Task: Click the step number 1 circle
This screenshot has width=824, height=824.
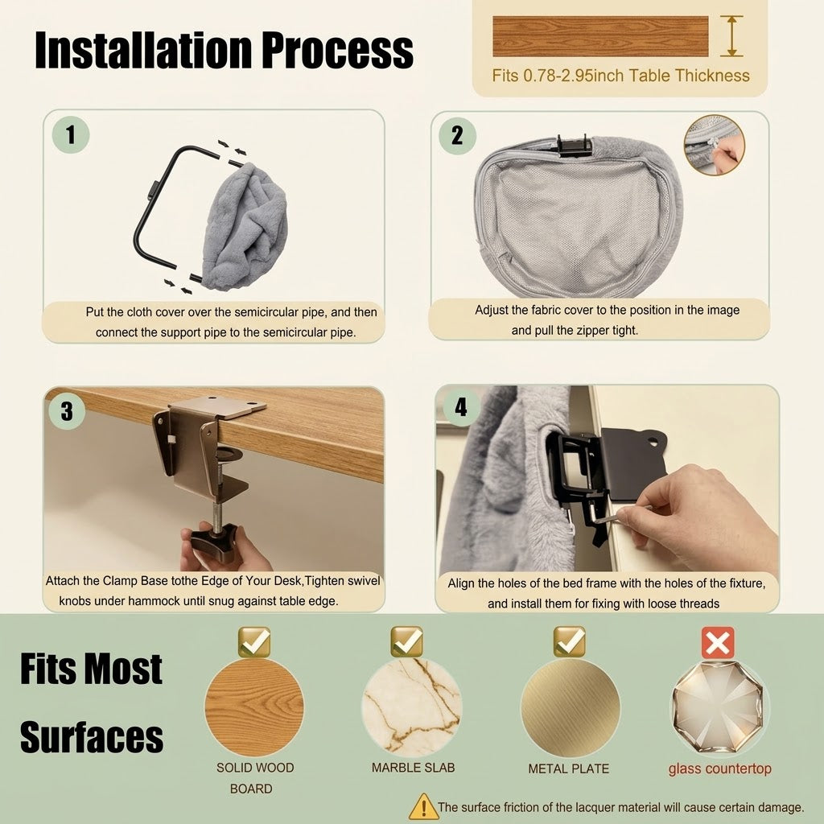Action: click(x=71, y=134)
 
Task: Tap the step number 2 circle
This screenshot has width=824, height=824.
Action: click(x=457, y=135)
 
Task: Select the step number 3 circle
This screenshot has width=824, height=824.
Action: click(x=67, y=411)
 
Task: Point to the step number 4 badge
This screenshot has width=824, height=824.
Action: click(x=461, y=407)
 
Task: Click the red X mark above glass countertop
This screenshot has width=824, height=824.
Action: click(x=718, y=642)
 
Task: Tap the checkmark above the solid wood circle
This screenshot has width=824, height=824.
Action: click(x=254, y=641)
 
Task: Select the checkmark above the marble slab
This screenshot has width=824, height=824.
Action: click(x=406, y=641)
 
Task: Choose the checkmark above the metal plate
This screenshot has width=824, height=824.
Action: click(x=570, y=641)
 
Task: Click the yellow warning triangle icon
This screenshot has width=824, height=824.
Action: click(x=423, y=806)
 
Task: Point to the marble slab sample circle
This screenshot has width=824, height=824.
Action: click(x=411, y=707)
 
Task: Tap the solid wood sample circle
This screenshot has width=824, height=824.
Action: click(x=254, y=707)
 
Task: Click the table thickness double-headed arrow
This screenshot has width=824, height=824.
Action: click(x=731, y=35)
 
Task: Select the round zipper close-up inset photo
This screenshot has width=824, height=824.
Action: click(x=715, y=145)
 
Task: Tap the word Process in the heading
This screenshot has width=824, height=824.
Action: click(x=337, y=51)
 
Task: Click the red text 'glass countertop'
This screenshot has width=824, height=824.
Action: click(x=720, y=768)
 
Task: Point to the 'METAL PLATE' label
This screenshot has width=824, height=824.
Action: click(x=569, y=768)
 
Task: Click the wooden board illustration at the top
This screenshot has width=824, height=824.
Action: click(x=600, y=35)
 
